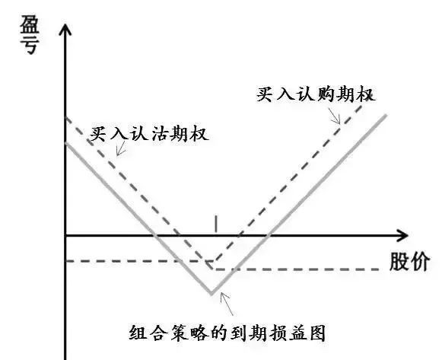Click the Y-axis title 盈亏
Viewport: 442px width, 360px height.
pos(30,35)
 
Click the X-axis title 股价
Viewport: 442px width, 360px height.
pos(409,262)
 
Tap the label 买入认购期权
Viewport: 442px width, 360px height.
pos(316,94)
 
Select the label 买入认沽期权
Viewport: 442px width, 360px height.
pos(149,133)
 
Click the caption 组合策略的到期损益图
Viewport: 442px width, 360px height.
pos(227,333)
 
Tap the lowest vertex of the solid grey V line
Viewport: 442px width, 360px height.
pos(211,294)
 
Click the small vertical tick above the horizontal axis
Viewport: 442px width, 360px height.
pos(216,224)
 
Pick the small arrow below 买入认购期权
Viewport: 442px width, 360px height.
pos(335,116)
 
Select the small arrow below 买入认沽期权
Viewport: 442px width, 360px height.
pos(121,148)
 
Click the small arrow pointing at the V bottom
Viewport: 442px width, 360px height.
pos(227,304)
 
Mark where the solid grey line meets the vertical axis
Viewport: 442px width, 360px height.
pos(65,143)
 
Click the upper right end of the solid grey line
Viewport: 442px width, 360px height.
pos(386,115)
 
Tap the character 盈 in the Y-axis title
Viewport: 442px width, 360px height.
pos(30,25)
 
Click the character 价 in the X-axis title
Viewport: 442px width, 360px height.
pos(420,262)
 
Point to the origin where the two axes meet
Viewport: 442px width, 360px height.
pos(65,235)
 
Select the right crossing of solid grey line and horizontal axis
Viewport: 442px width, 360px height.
pos(268,235)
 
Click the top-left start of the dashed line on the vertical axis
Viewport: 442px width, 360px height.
pos(65,116)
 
